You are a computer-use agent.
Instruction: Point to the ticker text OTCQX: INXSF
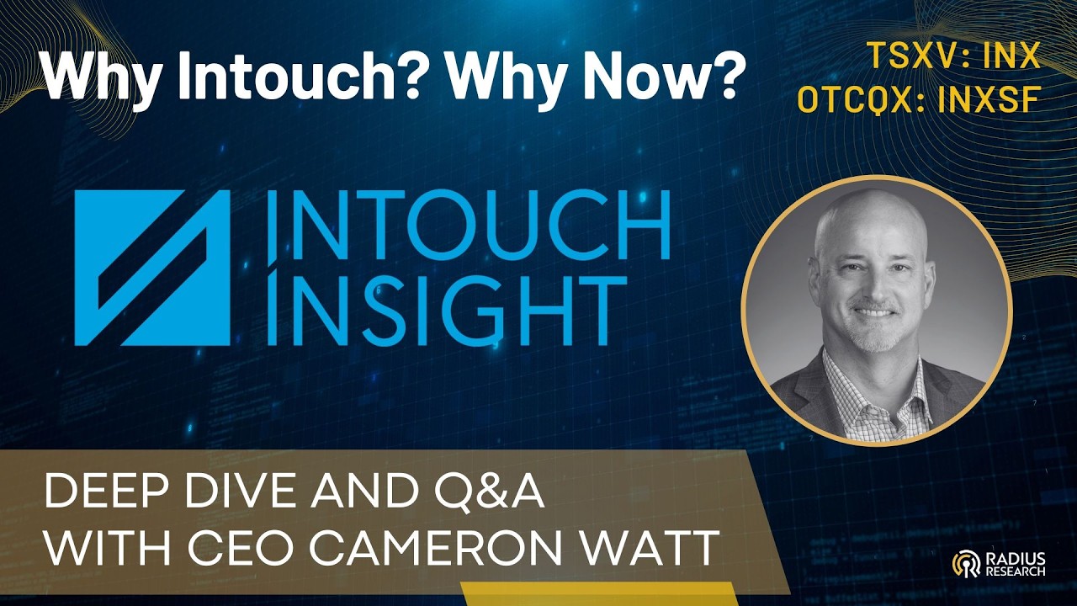click(x=920, y=99)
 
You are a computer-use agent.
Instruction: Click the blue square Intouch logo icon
click(x=152, y=268)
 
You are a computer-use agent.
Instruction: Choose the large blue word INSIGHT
click(x=450, y=311)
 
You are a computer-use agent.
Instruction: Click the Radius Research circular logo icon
click(x=964, y=563)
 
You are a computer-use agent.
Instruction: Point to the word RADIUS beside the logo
click(x=1016, y=557)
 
